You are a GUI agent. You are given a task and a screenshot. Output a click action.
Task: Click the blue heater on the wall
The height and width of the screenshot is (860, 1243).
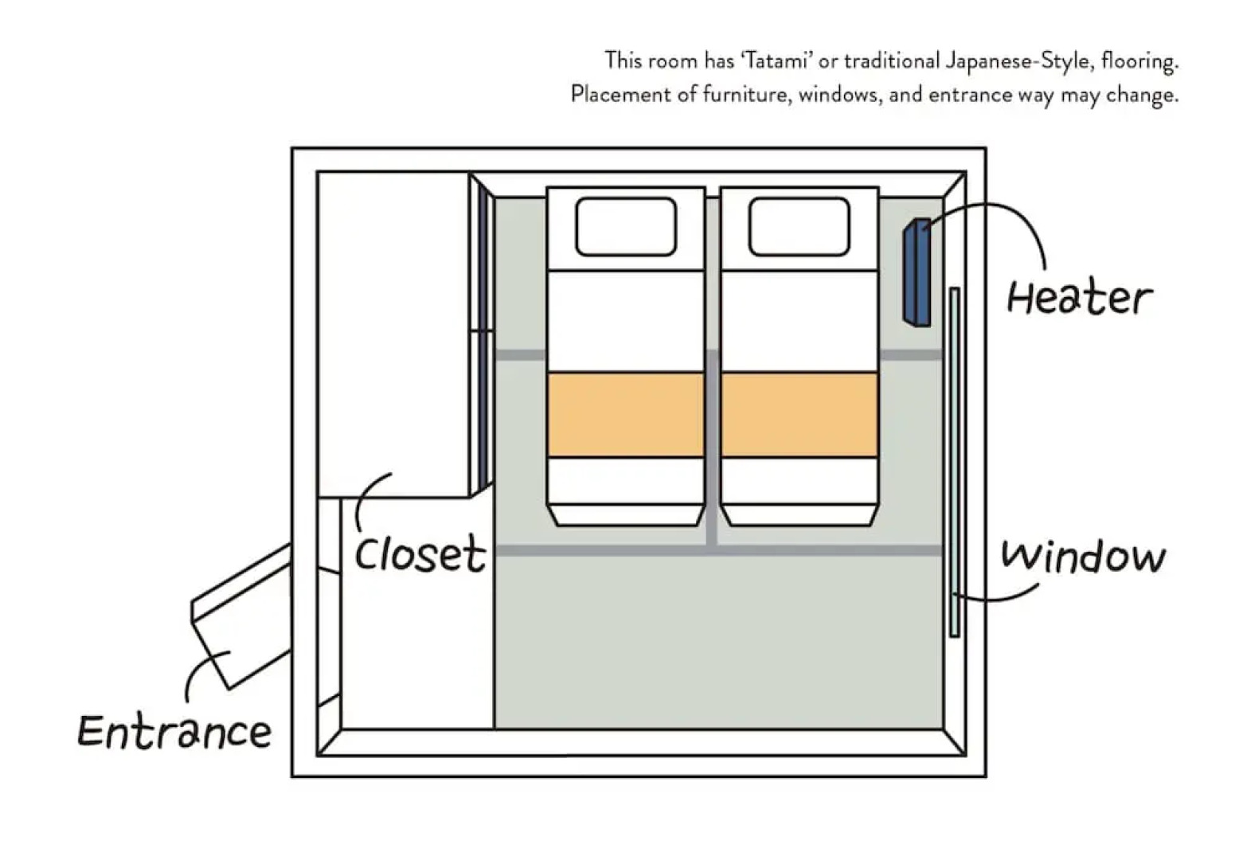917,272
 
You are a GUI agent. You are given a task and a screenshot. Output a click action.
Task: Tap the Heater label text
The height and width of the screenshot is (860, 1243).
1078,298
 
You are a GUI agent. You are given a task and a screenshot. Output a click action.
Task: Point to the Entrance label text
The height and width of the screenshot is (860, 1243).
174,731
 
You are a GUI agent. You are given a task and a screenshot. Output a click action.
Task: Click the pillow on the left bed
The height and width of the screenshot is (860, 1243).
625,227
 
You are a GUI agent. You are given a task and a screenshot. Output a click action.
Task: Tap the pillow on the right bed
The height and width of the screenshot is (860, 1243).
799,227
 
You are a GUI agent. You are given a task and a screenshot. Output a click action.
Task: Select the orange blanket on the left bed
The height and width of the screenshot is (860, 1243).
626,414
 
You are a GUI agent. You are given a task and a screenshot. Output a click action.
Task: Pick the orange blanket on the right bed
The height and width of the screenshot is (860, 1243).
799,414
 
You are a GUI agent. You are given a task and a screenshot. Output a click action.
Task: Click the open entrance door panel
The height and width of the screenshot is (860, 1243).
239,617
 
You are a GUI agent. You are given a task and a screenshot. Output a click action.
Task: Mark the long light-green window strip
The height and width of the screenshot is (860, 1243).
954,462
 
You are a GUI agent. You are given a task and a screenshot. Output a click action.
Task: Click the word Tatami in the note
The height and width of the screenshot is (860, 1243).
776,61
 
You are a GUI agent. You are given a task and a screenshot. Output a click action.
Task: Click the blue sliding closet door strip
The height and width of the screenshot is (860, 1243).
483,334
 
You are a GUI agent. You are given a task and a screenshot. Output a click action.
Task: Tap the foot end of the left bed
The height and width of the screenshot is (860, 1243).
626,514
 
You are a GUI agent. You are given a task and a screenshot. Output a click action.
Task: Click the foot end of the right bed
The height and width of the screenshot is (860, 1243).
799,514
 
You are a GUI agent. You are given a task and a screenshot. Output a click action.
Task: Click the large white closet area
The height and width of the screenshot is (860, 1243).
393,334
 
